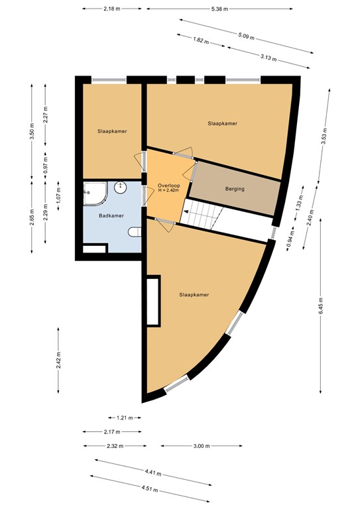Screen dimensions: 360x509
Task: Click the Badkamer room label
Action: (111, 215)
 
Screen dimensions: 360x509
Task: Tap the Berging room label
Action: (235, 189)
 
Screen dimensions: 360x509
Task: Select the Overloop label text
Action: (169, 186)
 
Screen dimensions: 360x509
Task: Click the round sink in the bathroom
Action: (121, 188)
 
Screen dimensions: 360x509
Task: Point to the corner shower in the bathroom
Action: (95, 194)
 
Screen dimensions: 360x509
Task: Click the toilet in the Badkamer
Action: (135, 232)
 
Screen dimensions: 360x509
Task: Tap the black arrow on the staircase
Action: (186, 211)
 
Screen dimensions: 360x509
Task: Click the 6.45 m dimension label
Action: (321, 306)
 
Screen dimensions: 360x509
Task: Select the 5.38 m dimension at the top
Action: (219, 9)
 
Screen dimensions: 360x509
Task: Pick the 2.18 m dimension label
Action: (111, 9)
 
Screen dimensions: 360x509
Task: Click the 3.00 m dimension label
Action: (202, 446)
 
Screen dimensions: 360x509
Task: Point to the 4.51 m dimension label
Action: (150, 489)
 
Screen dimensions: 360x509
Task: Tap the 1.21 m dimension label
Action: (125, 418)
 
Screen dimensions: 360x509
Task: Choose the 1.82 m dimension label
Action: (201, 40)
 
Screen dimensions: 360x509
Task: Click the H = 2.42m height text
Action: (169, 190)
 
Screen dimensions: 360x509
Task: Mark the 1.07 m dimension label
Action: (58, 196)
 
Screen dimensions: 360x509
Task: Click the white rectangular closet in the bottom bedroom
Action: (153, 301)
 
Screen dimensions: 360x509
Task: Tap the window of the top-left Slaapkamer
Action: (109, 80)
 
